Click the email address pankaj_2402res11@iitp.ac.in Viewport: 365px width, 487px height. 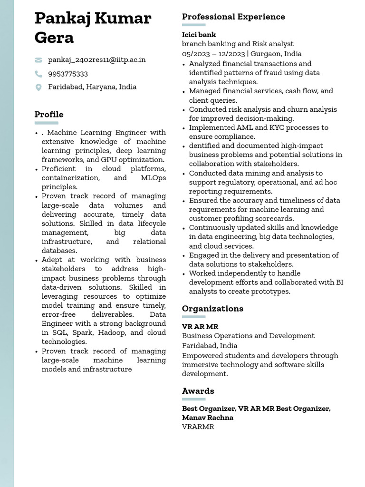click(x=96, y=60)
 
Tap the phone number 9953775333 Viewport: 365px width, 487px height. click(x=68, y=74)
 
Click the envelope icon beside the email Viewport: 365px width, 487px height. click(x=38, y=60)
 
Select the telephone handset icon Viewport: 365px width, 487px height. click(x=38, y=74)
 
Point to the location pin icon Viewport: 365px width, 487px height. click(x=38, y=87)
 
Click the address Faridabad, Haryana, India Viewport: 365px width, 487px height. click(x=92, y=87)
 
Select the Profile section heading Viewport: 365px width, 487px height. click(x=49, y=115)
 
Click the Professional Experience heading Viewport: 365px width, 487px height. click(x=233, y=17)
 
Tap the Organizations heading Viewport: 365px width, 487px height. click(x=212, y=309)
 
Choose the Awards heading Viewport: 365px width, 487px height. click(x=198, y=391)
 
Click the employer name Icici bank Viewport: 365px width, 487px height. click(x=199, y=35)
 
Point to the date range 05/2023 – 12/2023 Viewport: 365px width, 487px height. click(x=213, y=54)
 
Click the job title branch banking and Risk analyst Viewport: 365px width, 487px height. click(x=238, y=44)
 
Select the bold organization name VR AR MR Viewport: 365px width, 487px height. click(x=200, y=327)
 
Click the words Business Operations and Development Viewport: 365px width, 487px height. click(x=248, y=336)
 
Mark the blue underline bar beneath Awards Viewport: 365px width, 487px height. click(x=194, y=399)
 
